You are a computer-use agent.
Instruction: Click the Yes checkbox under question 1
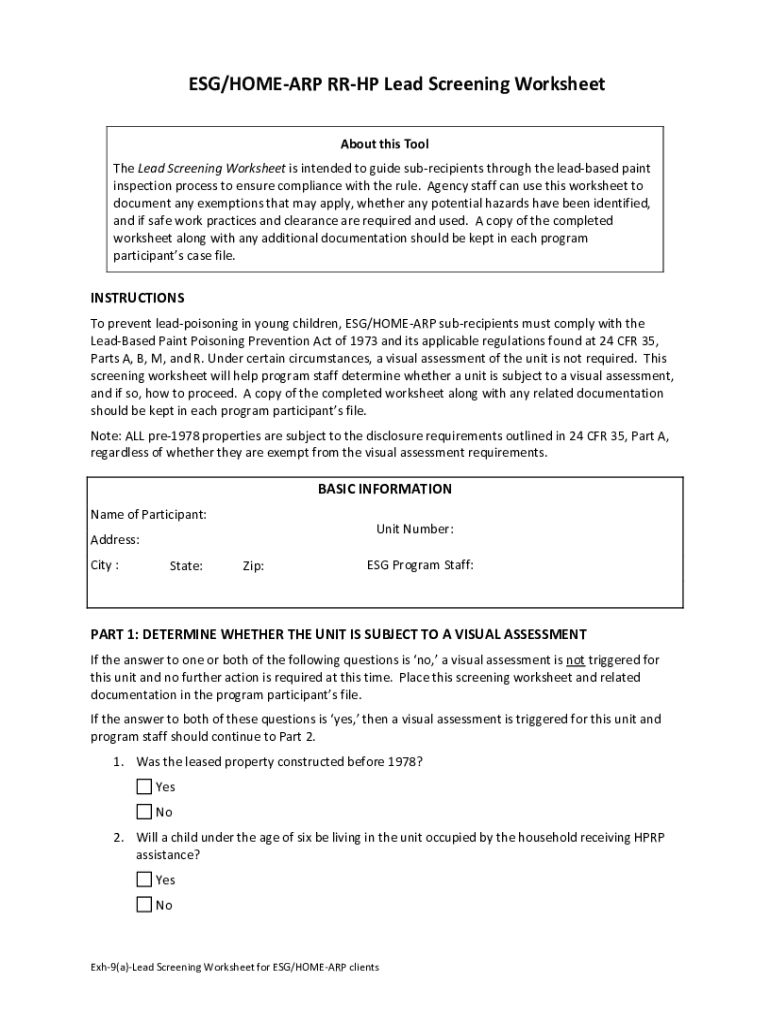click(x=144, y=787)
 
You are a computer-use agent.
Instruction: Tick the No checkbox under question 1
click(x=144, y=812)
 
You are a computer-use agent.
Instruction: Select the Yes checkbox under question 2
click(x=144, y=880)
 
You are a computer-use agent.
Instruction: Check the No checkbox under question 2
click(x=144, y=905)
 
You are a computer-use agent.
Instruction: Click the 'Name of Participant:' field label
click(x=149, y=514)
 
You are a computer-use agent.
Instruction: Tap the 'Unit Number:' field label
click(x=414, y=528)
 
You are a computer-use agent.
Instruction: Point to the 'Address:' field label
click(x=115, y=540)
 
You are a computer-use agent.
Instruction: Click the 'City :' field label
click(x=105, y=564)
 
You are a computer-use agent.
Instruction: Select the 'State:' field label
click(x=186, y=566)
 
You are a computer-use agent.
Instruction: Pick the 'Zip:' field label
click(x=253, y=566)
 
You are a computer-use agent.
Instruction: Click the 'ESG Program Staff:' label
click(x=420, y=565)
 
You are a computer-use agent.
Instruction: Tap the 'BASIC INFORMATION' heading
click(x=385, y=489)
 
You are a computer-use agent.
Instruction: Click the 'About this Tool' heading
click(x=385, y=144)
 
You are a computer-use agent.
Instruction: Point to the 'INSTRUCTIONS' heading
click(x=137, y=298)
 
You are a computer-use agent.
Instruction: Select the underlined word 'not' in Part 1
click(x=575, y=660)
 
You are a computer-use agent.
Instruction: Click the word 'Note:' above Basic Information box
click(x=107, y=436)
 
